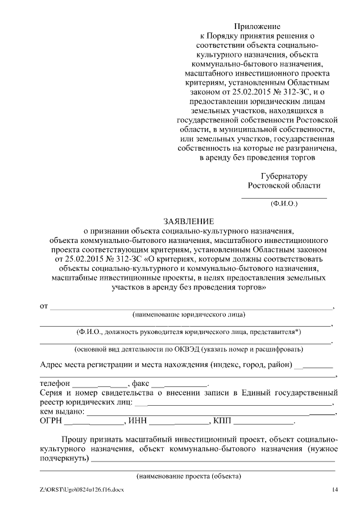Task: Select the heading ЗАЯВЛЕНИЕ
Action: (188, 221)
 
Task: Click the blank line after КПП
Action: (264, 423)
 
